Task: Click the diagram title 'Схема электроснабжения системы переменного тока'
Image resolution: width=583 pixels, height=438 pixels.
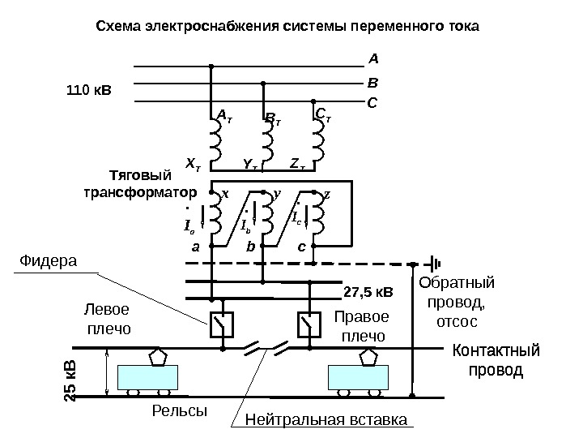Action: pyautogui.click(x=287, y=26)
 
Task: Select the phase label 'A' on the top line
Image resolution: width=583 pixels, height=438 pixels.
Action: pyautogui.click(x=373, y=58)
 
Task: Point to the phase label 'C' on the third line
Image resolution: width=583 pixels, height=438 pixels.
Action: pyautogui.click(x=372, y=103)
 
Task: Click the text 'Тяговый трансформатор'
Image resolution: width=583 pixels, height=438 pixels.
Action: pyautogui.click(x=141, y=184)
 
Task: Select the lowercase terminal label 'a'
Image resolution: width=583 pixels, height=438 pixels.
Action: pyautogui.click(x=194, y=251)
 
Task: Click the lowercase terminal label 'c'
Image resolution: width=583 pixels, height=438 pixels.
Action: pyautogui.click(x=302, y=251)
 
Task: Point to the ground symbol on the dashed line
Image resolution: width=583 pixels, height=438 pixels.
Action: pyautogui.click(x=434, y=262)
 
